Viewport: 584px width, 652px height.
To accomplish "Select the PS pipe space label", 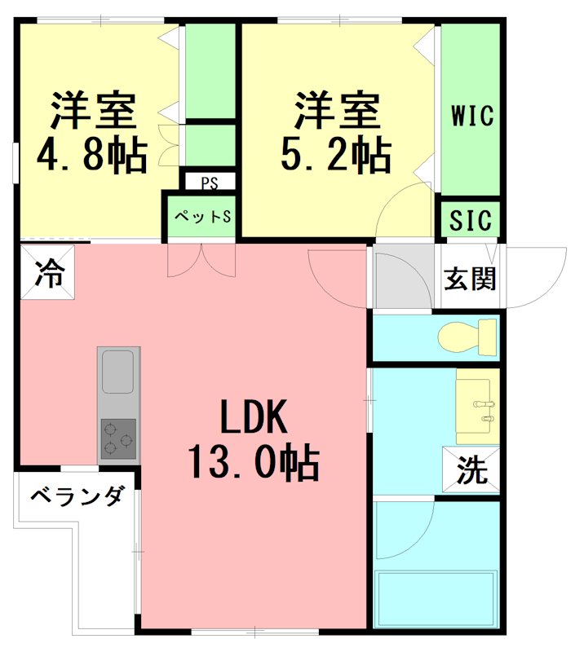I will pyautogui.click(x=209, y=181).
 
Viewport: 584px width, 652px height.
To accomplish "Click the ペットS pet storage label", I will pyautogui.click(x=201, y=217).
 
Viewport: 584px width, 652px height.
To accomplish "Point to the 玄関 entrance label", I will pyautogui.click(x=470, y=279).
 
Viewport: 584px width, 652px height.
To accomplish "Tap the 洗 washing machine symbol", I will pyautogui.click(x=471, y=471).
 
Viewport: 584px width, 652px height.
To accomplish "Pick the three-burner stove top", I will pyautogui.click(x=118, y=440).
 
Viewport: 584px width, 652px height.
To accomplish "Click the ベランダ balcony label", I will pyautogui.click(x=78, y=496).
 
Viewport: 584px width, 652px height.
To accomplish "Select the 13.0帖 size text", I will pyautogui.click(x=254, y=465).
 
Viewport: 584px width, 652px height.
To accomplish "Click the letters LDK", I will pyautogui.click(x=254, y=418).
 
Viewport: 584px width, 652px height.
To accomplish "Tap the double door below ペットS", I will pyautogui.click(x=201, y=259).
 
